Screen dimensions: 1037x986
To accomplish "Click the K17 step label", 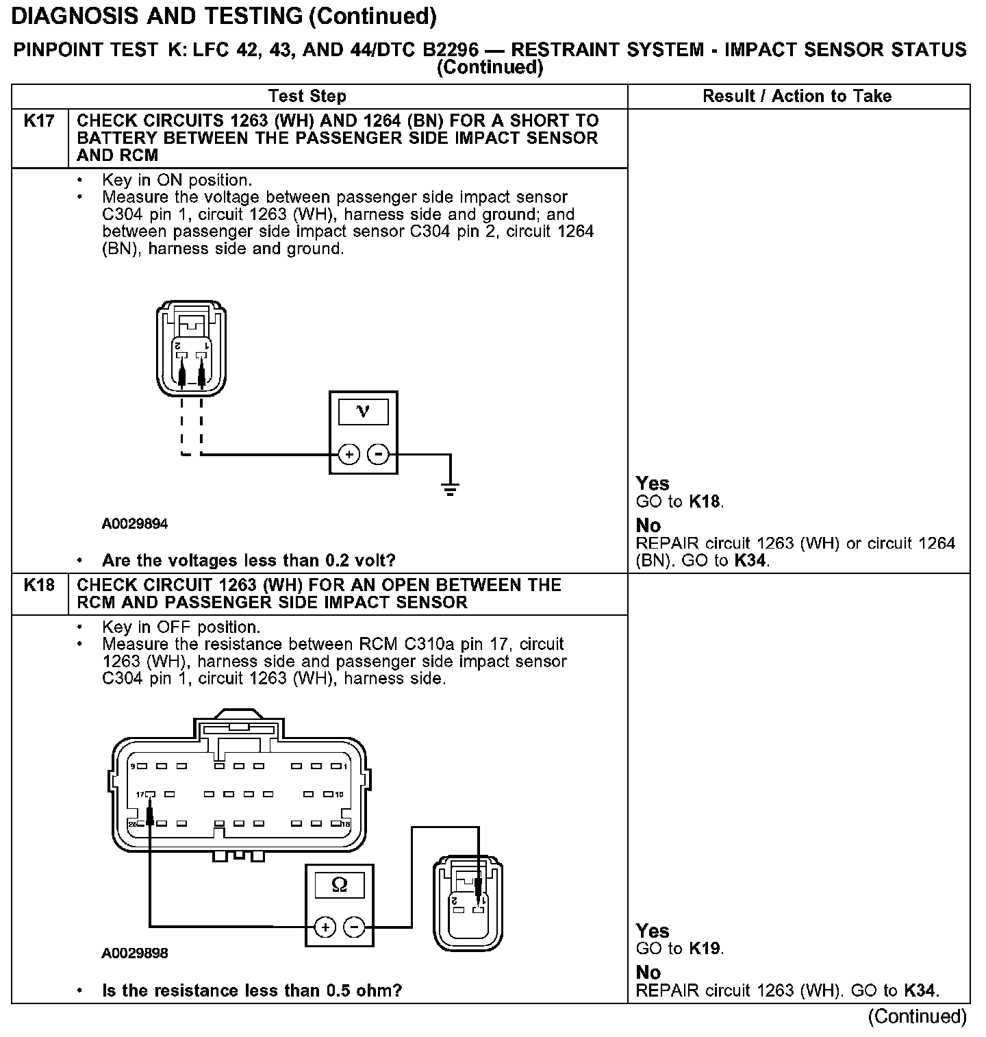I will (39, 121).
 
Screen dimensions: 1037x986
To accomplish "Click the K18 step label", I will (39, 586).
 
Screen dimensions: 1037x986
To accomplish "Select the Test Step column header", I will (307, 96).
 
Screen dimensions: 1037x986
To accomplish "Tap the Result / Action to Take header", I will (797, 96).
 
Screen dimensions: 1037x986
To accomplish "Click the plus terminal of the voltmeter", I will (349, 454).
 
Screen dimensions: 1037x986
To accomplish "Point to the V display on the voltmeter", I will (363, 412).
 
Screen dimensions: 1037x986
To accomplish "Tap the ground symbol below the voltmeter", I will (450, 489).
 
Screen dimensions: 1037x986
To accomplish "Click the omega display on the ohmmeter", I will (339, 885).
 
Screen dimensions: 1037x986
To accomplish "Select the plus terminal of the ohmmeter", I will (325, 927).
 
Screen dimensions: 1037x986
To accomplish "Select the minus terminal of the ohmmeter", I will (354, 927).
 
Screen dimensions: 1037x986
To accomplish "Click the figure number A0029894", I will (135, 524).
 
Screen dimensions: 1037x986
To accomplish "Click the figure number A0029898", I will (135, 953).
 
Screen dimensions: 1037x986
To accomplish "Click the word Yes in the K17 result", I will (652, 484).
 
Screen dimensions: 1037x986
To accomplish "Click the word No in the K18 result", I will (648, 973).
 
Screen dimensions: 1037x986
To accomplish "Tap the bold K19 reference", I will (705, 949).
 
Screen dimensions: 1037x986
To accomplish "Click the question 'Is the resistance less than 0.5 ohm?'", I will (251, 990).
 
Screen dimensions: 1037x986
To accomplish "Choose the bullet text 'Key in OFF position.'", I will (181, 627).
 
